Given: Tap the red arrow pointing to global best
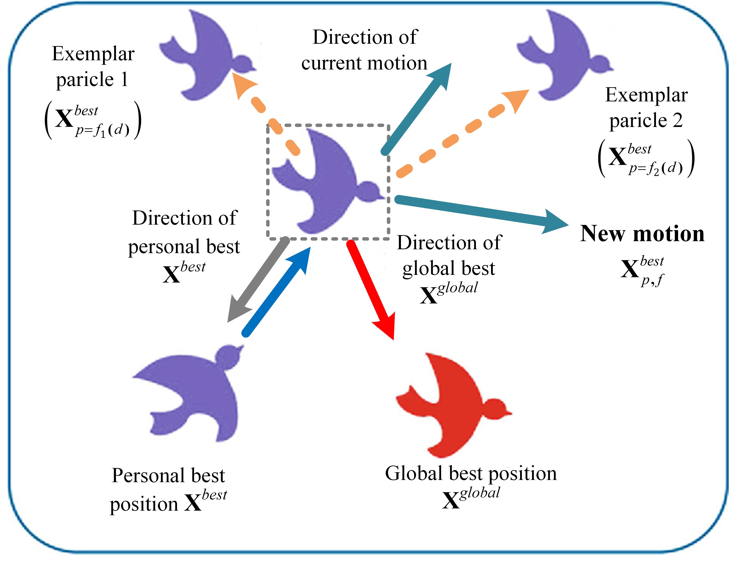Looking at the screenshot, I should coord(371,287).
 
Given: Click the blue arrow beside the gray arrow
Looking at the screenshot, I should coord(277,290).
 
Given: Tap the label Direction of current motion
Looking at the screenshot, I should coord(364,50).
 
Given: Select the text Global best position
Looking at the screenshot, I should coord(471,473).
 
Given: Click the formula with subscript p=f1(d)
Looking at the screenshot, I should coord(93,120).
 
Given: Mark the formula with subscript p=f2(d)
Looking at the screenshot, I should coord(646,158).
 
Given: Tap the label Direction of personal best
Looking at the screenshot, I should coord(184,232).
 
